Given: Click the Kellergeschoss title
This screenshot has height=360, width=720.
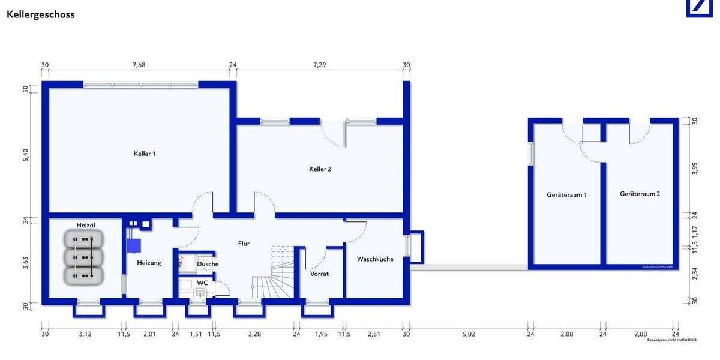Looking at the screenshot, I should [41, 14].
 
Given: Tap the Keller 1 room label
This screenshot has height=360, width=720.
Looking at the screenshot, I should [145, 154].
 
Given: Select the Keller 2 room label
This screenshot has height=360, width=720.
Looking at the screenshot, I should [320, 169].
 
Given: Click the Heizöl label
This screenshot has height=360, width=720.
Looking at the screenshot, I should [86, 225].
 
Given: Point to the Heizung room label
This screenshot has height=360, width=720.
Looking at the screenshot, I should [149, 263].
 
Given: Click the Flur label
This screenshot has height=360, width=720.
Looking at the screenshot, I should [244, 244].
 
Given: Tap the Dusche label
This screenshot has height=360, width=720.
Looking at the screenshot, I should [208, 264].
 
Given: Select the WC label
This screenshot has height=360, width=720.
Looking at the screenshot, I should [202, 283].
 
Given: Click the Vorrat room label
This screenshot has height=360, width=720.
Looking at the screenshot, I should [319, 274].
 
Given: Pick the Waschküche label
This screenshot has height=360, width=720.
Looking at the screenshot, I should [375, 259].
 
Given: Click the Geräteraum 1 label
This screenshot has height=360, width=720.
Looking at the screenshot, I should [566, 195].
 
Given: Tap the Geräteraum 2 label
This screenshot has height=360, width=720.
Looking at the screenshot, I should [640, 194].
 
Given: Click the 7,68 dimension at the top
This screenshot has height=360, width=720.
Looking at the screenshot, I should [139, 65].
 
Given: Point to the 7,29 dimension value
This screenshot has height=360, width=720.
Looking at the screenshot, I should [319, 65].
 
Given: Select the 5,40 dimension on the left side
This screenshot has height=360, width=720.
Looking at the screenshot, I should [25, 154].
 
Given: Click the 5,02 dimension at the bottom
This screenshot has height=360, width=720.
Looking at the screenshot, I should [469, 334].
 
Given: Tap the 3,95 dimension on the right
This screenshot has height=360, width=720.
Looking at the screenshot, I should [695, 169].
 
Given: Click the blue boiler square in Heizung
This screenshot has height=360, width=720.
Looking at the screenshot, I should [134, 245].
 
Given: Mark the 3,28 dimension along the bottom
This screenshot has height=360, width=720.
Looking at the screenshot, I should [254, 334].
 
